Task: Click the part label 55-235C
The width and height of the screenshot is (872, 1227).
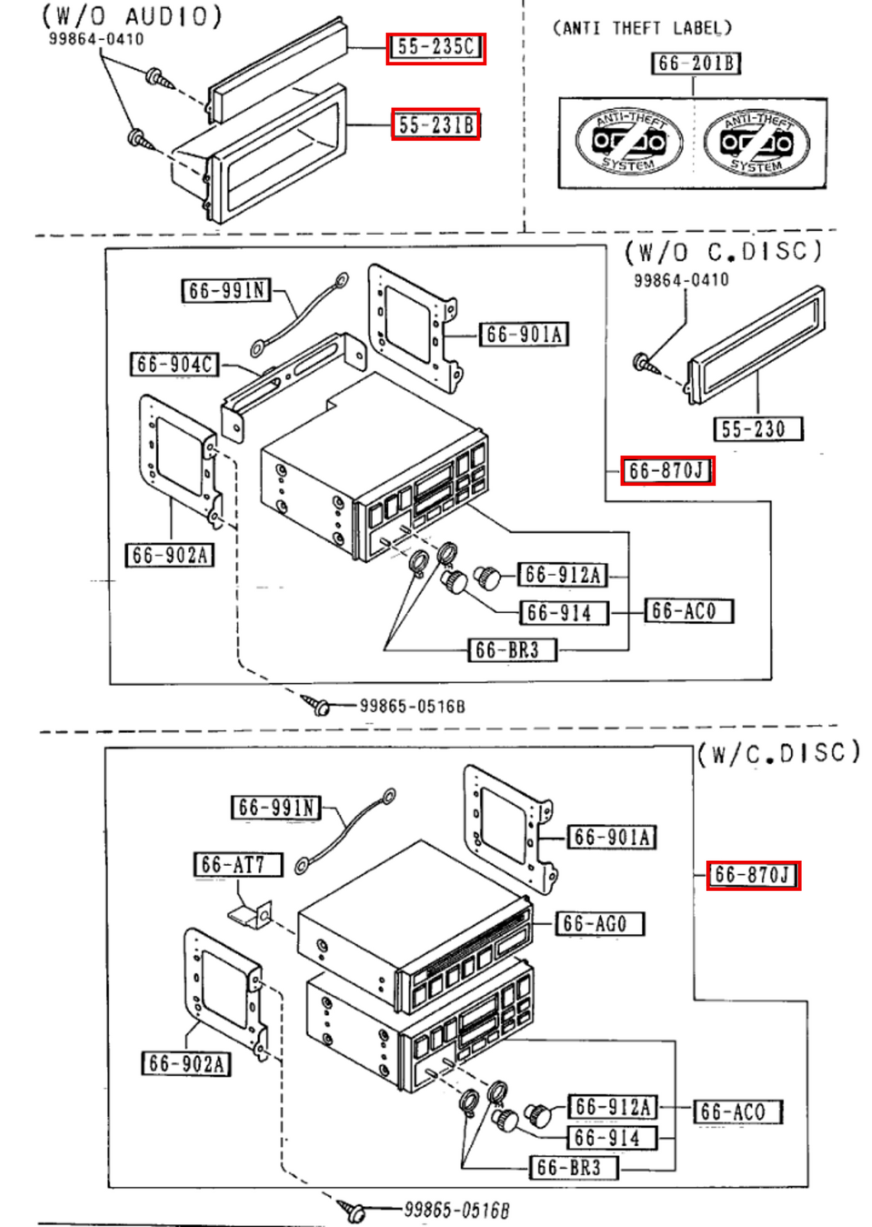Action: click(x=435, y=48)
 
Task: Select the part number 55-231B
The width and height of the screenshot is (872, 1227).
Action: click(x=435, y=124)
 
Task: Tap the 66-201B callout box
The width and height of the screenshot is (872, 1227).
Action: click(x=695, y=63)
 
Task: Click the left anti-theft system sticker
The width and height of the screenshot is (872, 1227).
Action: click(x=628, y=141)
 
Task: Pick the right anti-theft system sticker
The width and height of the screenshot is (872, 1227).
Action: click(x=756, y=142)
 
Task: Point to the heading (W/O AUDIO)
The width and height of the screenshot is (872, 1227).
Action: click(x=132, y=17)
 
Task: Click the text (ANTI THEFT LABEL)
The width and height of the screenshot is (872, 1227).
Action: click(x=642, y=28)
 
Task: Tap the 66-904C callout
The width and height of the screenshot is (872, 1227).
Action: click(x=175, y=364)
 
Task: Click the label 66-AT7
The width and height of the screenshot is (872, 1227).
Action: click(x=237, y=864)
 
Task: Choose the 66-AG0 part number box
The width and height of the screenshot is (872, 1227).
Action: click(x=600, y=923)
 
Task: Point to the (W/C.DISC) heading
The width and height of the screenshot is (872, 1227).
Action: click(x=778, y=753)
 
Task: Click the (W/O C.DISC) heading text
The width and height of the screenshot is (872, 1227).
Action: click(x=722, y=251)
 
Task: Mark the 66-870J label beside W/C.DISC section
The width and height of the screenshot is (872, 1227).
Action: click(x=752, y=875)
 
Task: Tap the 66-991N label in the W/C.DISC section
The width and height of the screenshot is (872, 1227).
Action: click(x=275, y=807)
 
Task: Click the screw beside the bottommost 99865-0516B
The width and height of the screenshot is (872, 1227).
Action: click(x=353, y=1210)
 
